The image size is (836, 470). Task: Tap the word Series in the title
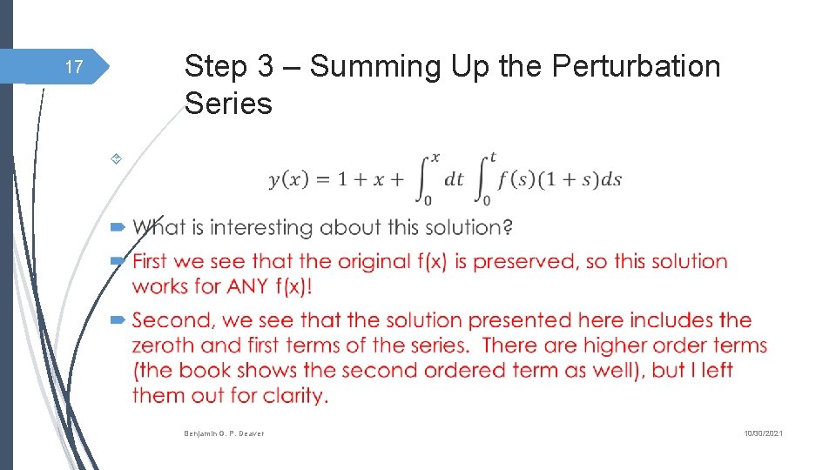click(228, 104)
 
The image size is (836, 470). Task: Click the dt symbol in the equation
click(454, 180)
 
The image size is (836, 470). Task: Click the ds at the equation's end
click(611, 180)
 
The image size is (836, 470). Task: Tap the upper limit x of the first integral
click(435, 157)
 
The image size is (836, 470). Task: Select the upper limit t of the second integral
click(493, 157)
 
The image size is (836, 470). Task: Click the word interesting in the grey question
click(262, 228)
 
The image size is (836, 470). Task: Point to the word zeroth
click(166, 345)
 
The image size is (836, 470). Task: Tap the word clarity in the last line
click(293, 396)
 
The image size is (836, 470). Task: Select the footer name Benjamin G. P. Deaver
click(224, 433)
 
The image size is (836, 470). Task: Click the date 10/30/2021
click(764, 433)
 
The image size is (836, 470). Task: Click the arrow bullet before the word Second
click(119, 321)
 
